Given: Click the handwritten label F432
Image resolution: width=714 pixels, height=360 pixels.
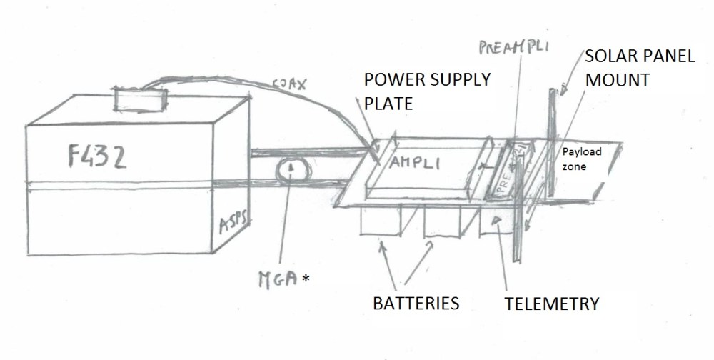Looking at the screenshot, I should tap(89, 156).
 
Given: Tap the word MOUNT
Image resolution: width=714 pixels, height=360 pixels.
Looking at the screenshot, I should tap(617, 80).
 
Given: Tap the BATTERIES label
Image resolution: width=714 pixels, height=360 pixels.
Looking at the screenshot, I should tap(416, 303).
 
